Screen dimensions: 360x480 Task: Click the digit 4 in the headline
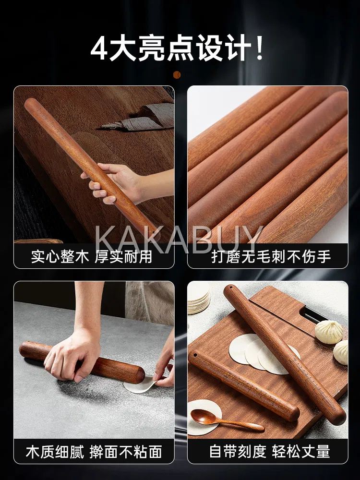coord(99,48)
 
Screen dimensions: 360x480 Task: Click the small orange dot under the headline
coord(177,75)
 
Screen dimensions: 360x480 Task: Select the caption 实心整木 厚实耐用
coord(92,256)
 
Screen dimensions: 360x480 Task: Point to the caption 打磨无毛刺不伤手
coord(271,256)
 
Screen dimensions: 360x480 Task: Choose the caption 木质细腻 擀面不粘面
coord(94,452)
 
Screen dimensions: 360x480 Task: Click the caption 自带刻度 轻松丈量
coord(270,452)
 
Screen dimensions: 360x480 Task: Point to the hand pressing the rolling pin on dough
coord(72,356)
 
